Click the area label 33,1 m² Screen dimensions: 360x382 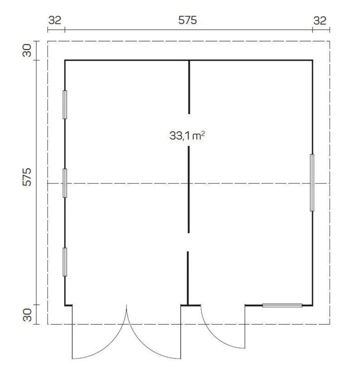(x=187, y=136)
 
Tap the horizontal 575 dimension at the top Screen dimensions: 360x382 (x=187, y=20)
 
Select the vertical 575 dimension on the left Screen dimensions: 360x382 (x=27, y=177)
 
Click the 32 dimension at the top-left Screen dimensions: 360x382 (x=55, y=20)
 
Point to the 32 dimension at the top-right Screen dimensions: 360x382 (x=319, y=21)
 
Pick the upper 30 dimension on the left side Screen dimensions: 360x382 (x=27, y=51)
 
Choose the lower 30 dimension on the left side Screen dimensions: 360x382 (x=27, y=315)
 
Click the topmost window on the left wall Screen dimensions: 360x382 (x=65, y=105)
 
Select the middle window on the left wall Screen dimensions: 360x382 (x=65, y=183)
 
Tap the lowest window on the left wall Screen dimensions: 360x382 (x=65, y=262)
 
